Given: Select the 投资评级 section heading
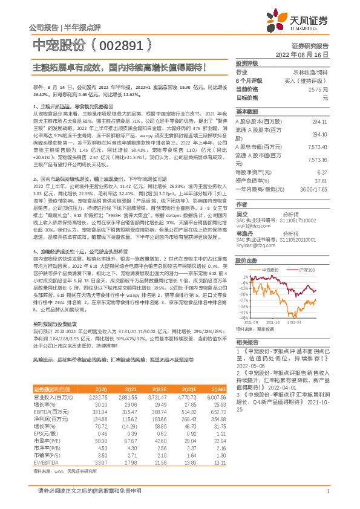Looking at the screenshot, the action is point(246,63).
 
